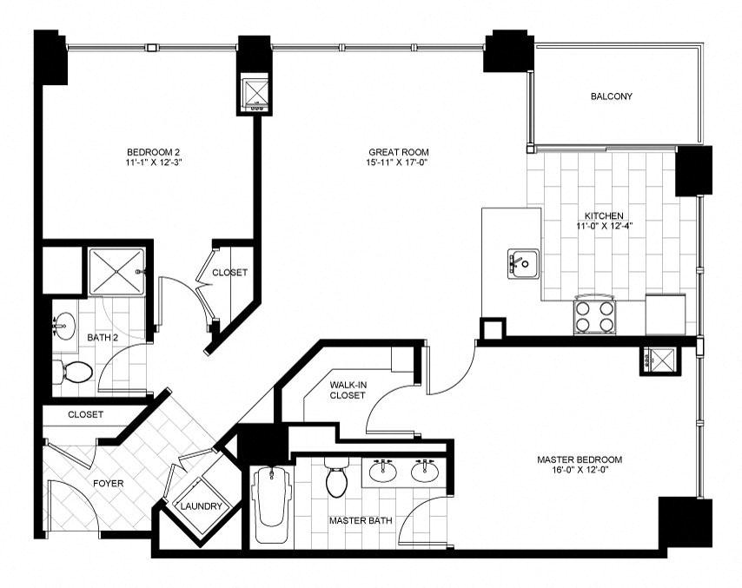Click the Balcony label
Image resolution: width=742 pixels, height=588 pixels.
[x=611, y=96]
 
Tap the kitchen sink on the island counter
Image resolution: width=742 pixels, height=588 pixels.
[x=523, y=263]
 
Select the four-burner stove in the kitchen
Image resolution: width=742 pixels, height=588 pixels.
[x=595, y=315]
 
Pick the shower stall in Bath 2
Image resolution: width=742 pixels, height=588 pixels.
[x=116, y=272]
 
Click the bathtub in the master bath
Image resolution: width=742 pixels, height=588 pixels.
[x=271, y=504]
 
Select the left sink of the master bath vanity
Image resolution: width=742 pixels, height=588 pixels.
[x=384, y=470]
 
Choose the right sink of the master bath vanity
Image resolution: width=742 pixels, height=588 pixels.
[x=425, y=470]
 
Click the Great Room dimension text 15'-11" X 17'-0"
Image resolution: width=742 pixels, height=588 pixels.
[x=398, y=162]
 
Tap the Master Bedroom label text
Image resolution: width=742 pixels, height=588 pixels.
[x=580, y=459]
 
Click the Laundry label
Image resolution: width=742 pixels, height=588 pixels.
[x=201, y=506]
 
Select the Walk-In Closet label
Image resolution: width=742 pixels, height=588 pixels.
[x=348, y=390]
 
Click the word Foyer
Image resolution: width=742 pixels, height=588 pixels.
[x=108, y=484]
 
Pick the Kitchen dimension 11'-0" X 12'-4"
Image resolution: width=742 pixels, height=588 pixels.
[x=605, y=226]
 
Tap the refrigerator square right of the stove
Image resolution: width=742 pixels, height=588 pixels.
[x=666, y=314]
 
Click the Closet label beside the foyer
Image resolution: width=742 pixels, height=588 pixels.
[x=86, y=414]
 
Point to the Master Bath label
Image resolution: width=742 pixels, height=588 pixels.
[x=361, y=521]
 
